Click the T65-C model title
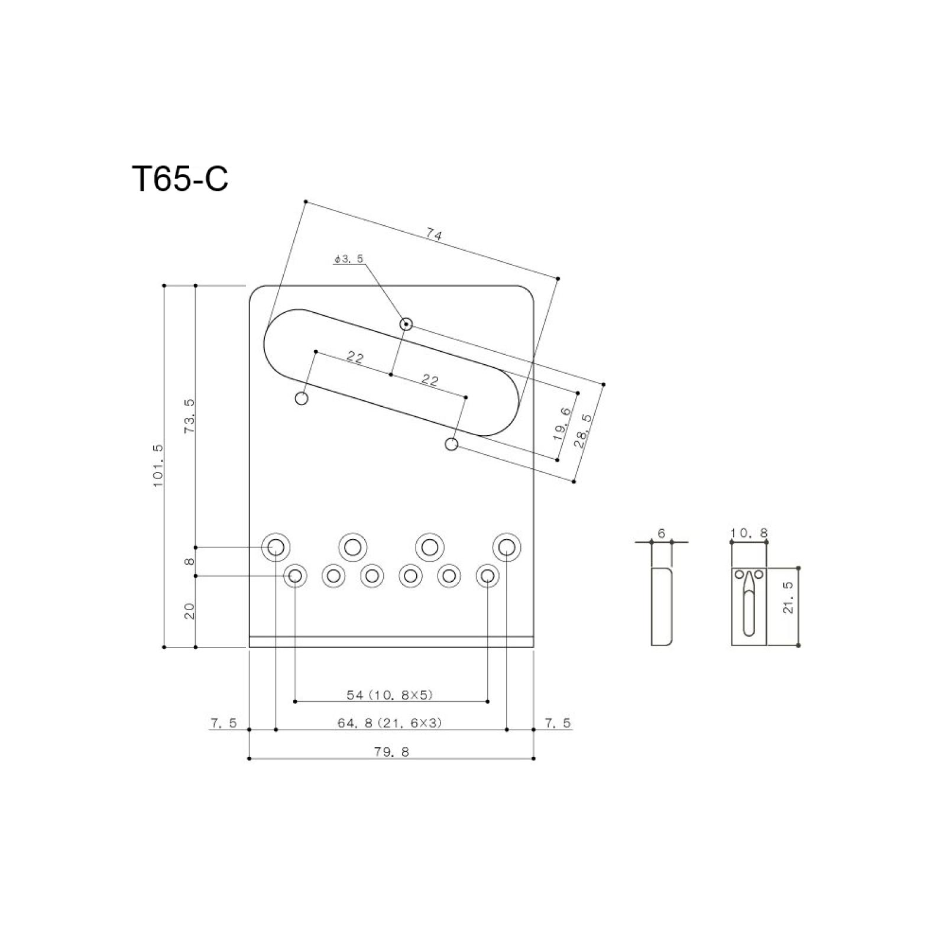[x=180, y=179]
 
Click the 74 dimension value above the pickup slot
[x=434, y=235]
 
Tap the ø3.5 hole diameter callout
[x=348, y=258]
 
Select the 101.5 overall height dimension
[x=158, y=466]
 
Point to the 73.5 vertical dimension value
[x=189, y=416]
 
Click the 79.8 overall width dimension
[x=391, y=752]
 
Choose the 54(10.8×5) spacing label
[x=390, y=695]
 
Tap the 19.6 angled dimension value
[x=562, y=424]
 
